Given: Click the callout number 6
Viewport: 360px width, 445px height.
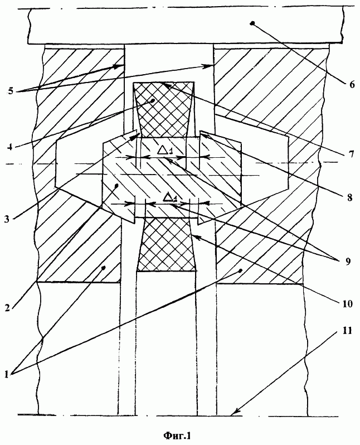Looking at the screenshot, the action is (x=352, y=84).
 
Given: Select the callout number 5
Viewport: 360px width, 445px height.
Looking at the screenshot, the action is (x=11, y=91).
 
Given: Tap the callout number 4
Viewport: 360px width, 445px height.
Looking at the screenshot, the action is (x=10, y=147).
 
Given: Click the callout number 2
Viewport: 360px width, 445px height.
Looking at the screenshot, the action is (x=7, y=308).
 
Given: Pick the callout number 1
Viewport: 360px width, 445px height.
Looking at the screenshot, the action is (x=7, y=374).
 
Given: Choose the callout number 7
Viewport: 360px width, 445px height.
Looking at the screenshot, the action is (x=351, y=154).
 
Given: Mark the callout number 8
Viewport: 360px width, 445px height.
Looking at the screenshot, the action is (x=349, y=197).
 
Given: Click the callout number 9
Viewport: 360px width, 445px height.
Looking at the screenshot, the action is (x=347, y=260).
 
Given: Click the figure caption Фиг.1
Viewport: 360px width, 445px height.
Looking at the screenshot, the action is (x=177, y=435).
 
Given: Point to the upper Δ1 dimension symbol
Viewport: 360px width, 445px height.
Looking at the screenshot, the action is (x=165, y=151).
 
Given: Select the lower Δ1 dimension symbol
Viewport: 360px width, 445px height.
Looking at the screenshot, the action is (x=170, y=197).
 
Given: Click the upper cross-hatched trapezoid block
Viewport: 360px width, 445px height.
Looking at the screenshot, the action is (x=164, y=109).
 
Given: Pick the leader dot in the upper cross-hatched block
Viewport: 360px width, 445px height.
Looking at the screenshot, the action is (x=153, y=100).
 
